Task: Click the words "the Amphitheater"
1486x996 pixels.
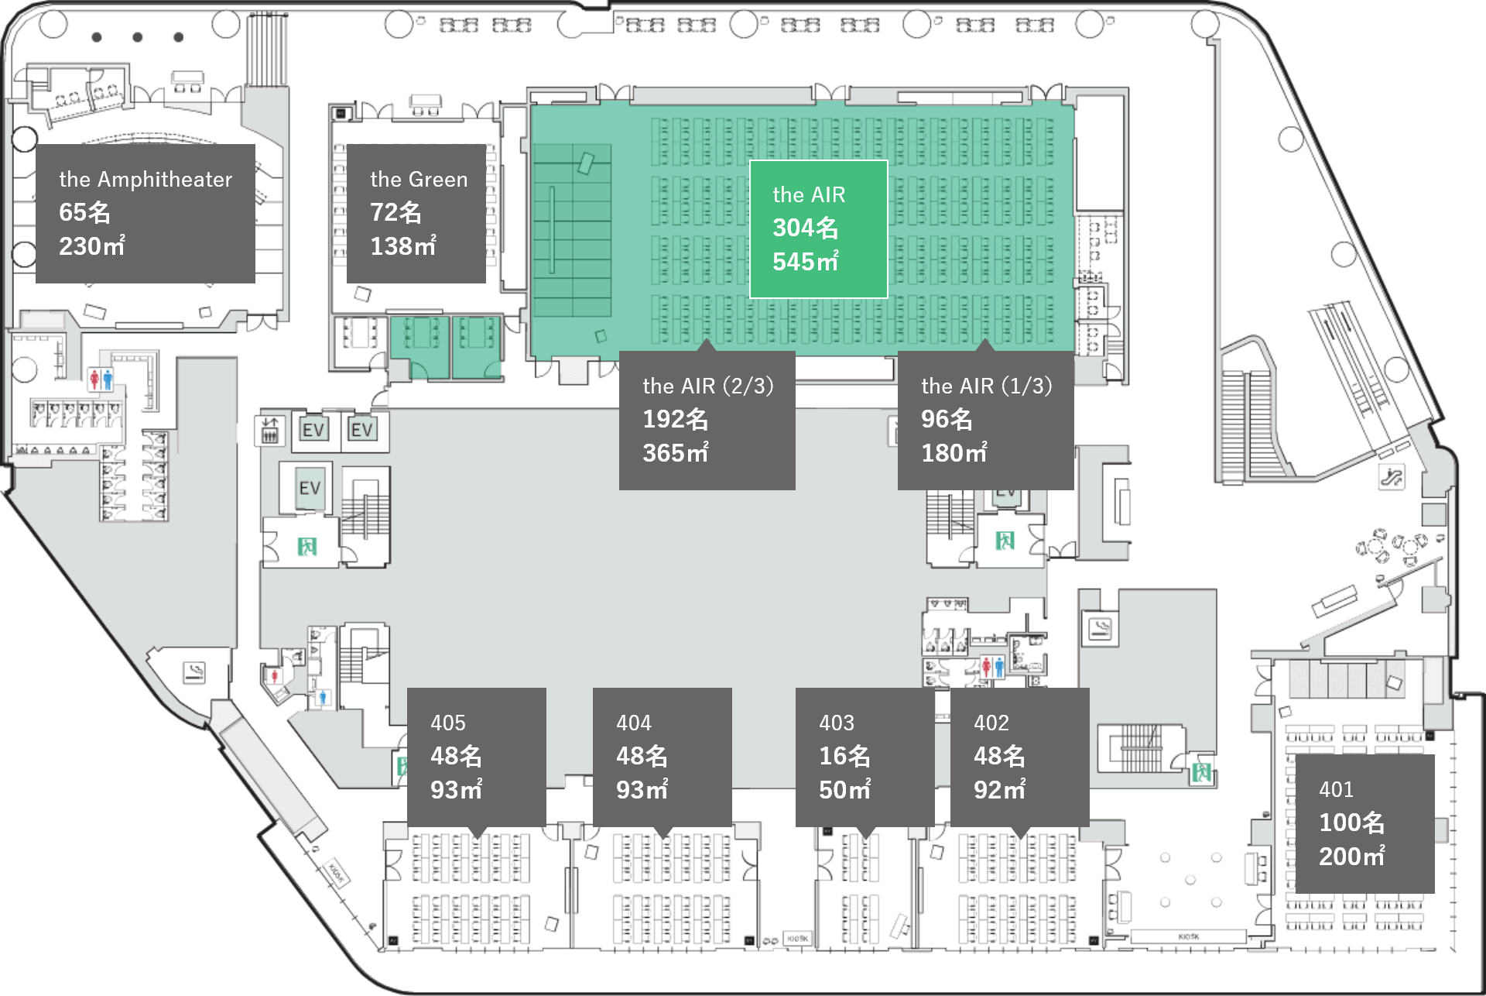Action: (146, 180)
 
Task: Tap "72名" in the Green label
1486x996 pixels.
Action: (395, 212)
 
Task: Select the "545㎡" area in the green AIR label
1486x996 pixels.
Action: (805, 262)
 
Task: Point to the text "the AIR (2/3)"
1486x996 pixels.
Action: (707, 386)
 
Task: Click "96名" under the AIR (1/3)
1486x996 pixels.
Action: (946, 419)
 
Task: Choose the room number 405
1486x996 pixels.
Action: (448, 723)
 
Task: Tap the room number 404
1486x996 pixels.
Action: (634, 723)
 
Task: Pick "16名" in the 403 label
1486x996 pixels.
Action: (844, 756)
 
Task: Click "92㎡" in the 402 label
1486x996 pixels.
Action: (999, 790)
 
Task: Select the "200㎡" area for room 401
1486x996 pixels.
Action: (1351, 857)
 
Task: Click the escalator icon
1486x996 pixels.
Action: (1391, 476)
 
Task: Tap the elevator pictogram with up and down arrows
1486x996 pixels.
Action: (269, 430)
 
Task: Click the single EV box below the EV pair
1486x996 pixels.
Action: (310, 488)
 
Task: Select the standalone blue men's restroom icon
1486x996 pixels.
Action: (324, 698)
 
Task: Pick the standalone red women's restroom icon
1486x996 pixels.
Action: (274, 676)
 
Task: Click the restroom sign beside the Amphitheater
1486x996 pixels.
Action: (101, 380)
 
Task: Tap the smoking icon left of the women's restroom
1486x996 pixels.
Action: (194, 671)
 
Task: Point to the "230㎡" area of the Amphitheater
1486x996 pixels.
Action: (91, 246)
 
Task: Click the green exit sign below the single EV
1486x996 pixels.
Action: (307, 547)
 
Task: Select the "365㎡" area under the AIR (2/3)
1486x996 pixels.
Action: (675, 453)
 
